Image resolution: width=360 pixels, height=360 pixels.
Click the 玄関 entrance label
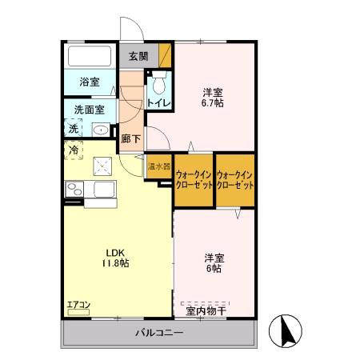pos(138,56)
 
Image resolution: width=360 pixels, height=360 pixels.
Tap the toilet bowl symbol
pos(158,82)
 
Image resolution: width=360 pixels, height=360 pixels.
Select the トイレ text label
pos(157,102)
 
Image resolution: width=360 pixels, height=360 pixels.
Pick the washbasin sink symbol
pos(101,129)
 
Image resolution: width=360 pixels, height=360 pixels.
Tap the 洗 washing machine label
pos(73,128)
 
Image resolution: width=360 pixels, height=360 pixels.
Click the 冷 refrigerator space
pos(74,150)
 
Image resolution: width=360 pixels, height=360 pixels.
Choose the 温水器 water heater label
pos(158,167)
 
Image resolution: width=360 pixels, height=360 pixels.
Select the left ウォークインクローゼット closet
pos(194,179)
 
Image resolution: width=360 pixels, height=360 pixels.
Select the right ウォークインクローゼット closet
pos(234,179)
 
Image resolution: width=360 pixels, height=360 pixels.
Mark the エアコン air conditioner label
pos(78,304)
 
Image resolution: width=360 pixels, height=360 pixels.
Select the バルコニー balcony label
pos(158,332)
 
